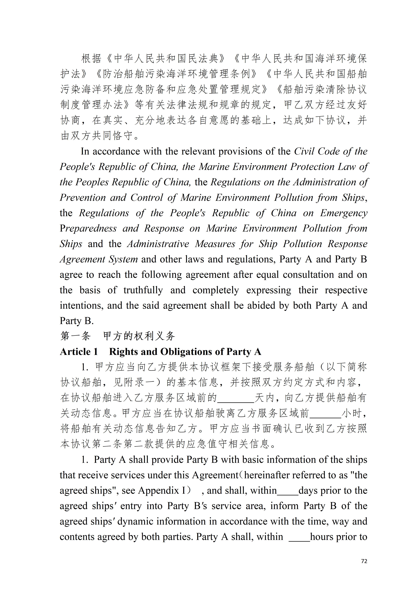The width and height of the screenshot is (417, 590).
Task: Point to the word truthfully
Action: point(143,290)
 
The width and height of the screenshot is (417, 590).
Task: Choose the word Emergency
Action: point(344,213)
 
